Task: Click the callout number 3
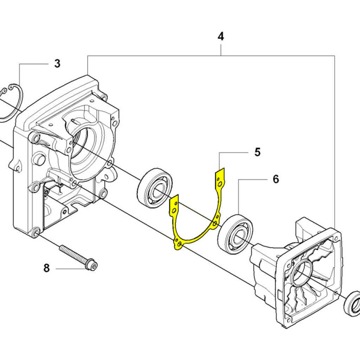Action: [x=57, y=64]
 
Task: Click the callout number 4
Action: [x=220, y=36]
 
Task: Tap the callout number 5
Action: [x=257, y=152]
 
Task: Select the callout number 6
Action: [x=276, y=179]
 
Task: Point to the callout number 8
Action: [x=47, y=268]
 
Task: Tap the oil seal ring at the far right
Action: [x=352, y=303]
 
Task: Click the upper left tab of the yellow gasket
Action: [x=174, y=206]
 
